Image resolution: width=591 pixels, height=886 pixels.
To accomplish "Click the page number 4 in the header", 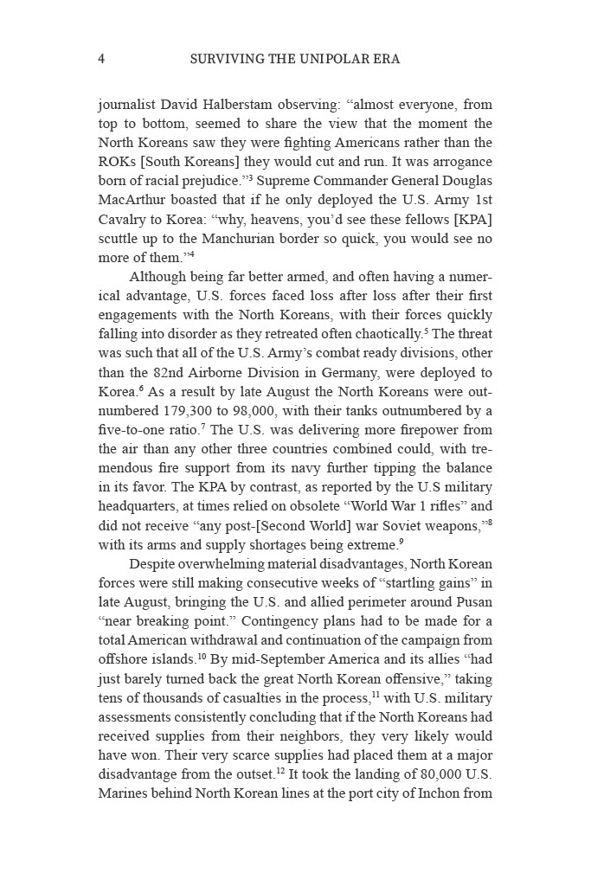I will [102, 60].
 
